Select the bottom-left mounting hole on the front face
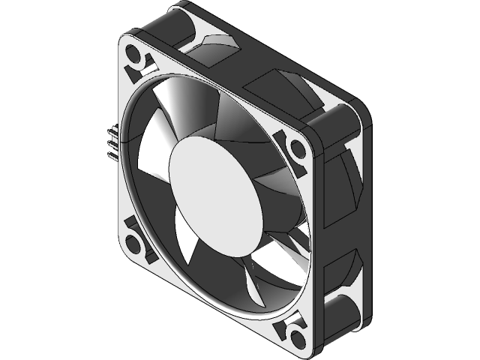135,241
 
